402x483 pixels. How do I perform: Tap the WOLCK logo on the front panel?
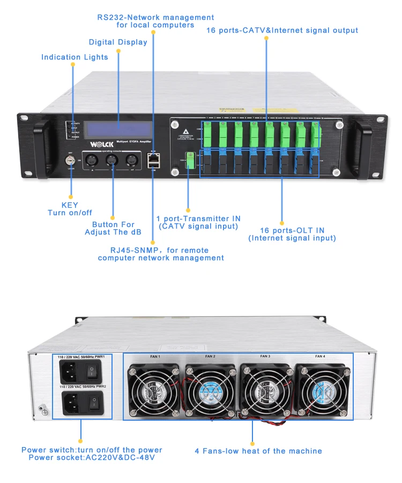88,145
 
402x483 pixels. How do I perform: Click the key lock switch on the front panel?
70,160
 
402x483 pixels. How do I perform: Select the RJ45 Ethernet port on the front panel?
153,159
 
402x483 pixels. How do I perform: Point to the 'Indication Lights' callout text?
75,57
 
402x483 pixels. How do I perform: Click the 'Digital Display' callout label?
118,42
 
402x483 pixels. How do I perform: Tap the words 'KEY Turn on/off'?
70,209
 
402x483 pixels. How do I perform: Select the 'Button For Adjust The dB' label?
113,229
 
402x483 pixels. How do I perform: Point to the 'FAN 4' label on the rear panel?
320,356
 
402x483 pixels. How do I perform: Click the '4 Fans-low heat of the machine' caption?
258,451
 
